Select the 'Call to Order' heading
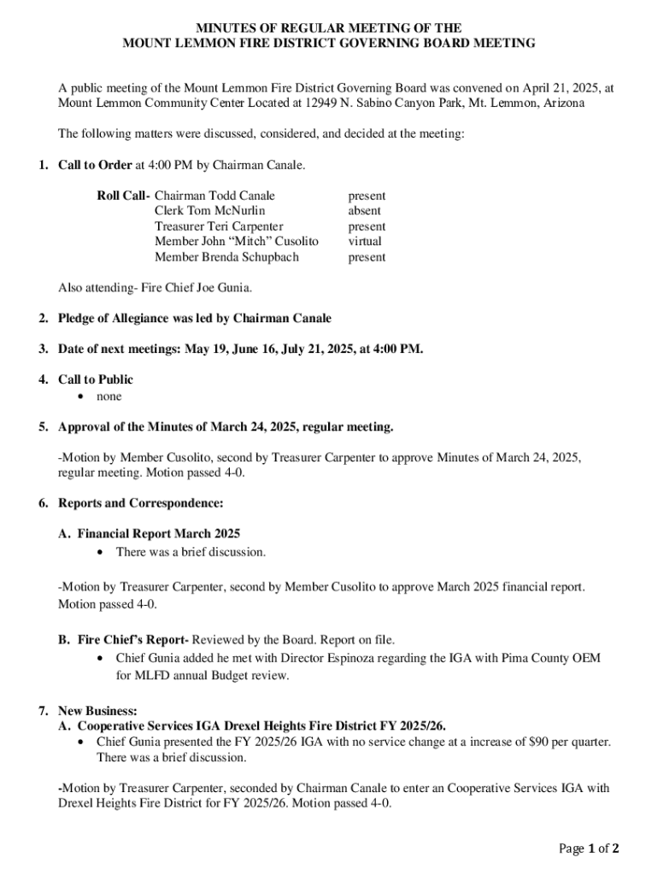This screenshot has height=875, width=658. tap(95, 164)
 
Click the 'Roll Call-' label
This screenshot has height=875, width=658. tap(123, 196)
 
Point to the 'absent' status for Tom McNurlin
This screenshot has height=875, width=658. tap(364, 211)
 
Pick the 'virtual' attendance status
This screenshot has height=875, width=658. tap(365, 242)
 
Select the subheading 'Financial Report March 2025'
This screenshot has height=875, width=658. tap(158, 534)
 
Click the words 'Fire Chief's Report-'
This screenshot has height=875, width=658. tap(132, 639)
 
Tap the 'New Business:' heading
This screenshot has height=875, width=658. tap(97, 711)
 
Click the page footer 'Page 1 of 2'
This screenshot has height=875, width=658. tap(589, 848)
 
